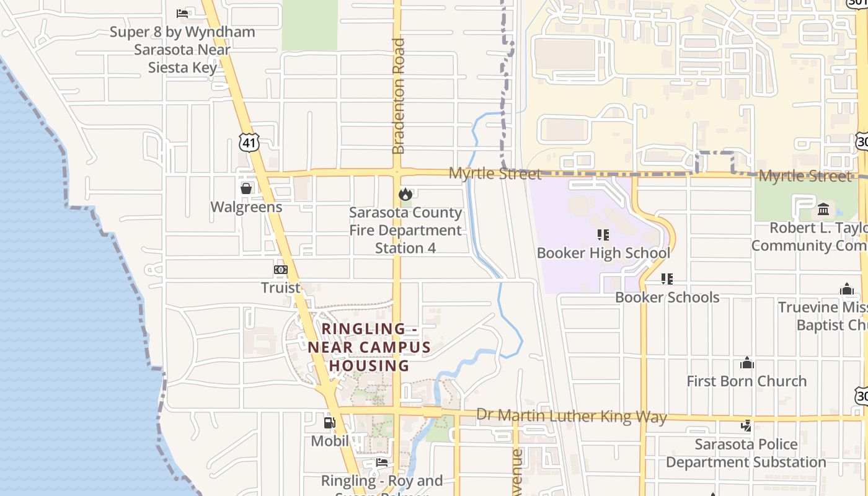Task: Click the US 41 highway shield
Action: tap(249, 143)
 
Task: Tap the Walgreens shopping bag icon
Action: tap(246, 188)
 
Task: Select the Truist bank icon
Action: tap(281, 270)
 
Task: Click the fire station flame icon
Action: tap(405, 194)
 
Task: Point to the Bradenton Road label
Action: tap(399, 96)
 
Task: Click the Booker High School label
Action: tap(603, 253)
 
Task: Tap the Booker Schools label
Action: tap(667, 297)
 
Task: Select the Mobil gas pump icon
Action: tap(329, 423)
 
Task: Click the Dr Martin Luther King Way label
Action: tap(571, 416)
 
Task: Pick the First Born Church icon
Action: tap(746, 363)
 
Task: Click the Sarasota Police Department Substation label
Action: tap(746, 453)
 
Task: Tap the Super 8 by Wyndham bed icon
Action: tap(182, 13)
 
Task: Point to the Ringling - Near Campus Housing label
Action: tap(369, 347)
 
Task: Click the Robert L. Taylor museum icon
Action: tap(823, 209)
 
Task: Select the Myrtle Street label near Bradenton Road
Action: tap(495, 174)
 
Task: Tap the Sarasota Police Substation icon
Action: tap(746, 426)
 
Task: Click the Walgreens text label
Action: tap(246, 207)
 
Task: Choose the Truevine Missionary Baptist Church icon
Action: tap(847, 289)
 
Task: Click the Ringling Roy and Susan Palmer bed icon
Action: tap(382, 462)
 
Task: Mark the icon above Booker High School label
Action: tap(603, 235)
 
